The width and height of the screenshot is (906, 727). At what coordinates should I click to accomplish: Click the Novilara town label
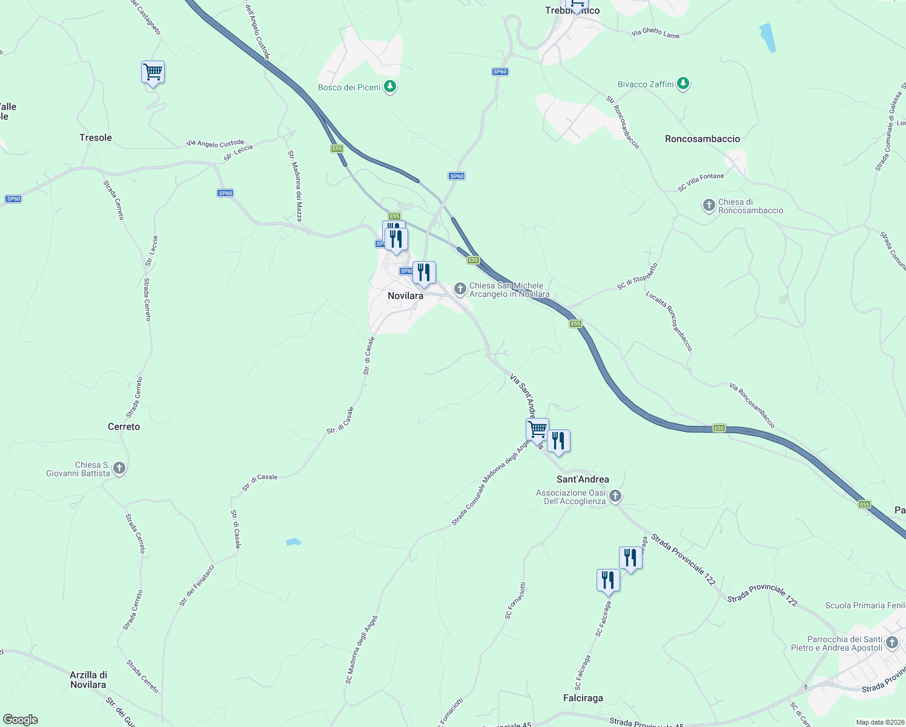click(405, 296)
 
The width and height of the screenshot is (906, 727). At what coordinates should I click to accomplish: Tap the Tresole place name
click(96, 138)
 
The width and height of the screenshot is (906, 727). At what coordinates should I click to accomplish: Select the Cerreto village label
click(124, 427)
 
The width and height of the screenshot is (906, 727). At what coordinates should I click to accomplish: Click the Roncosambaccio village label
click(702, 139)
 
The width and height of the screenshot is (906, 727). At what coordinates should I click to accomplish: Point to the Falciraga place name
click(583, 698)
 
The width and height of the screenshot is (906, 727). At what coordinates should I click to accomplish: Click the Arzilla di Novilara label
click(88, 680)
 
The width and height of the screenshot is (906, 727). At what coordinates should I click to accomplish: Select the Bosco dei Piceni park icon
click(391, 87)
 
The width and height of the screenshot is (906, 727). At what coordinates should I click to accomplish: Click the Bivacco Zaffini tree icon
click(683, 84)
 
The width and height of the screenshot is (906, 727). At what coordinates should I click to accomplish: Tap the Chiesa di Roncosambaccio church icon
click(709, 206)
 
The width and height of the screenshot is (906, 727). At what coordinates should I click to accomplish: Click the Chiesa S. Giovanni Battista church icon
click(119, 468)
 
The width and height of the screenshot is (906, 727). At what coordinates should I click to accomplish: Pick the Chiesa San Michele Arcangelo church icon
click(460, 289)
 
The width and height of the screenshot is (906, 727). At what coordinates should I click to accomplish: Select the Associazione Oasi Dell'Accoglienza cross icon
click(615, 497)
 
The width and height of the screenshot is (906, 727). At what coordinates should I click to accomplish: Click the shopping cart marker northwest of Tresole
click(153, 73)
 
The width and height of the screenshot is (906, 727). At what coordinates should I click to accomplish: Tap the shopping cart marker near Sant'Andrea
click(537, 430)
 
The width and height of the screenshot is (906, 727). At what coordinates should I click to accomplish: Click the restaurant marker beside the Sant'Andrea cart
click(558, 441)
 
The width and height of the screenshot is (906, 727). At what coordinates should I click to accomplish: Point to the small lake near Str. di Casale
click(294, 542)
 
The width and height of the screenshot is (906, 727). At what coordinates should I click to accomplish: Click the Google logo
click(21, 720)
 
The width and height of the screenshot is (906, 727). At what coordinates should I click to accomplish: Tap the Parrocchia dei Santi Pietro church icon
click(891, 643)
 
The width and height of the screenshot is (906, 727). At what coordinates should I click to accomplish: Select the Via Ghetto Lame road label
click(655, 33)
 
